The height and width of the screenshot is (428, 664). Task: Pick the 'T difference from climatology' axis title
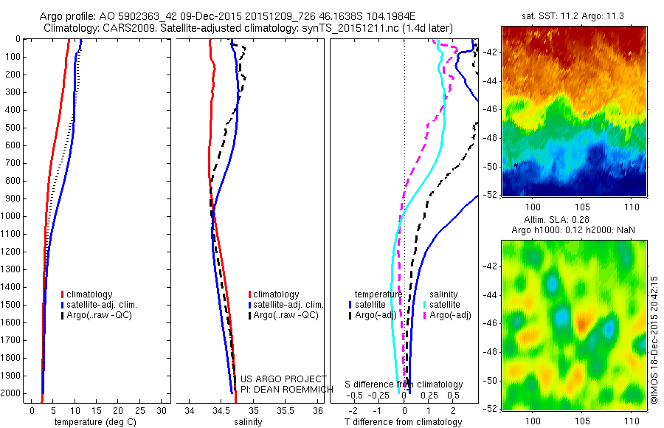pos(403,422)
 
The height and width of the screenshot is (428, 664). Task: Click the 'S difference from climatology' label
pos(404,385)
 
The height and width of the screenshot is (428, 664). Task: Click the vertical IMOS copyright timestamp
pos(655,339)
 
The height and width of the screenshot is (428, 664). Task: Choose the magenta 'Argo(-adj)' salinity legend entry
pos(449,315)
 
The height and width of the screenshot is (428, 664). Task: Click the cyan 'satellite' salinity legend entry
pos(445,304)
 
